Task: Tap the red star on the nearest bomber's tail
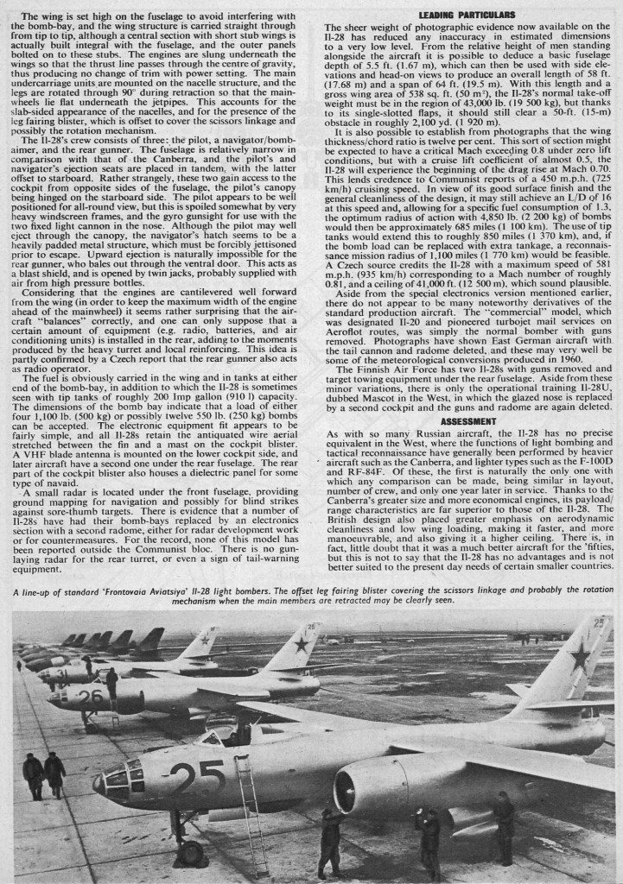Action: (580, 658)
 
